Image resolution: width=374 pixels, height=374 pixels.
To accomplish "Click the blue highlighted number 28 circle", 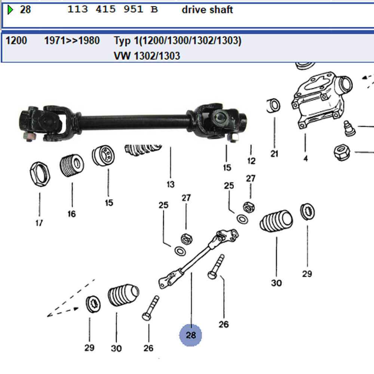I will [191, 335].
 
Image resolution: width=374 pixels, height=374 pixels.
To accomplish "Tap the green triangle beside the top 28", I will [10, 9].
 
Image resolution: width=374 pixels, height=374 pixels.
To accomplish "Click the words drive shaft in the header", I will [207, 10].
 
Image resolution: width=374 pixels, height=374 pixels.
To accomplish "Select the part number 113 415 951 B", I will [113, 10].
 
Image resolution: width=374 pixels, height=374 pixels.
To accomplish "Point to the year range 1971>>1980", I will [72, 40].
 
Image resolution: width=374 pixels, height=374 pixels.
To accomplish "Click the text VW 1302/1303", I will [147, 56].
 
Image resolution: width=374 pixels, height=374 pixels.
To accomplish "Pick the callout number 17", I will [39, 223].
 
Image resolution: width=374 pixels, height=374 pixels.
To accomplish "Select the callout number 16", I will [71, 214].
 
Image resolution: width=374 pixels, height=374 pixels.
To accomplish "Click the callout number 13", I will [171, 184].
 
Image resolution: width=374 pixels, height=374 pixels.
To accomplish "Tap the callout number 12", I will [251, 161].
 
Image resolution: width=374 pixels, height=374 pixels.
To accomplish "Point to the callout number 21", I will [275, 153].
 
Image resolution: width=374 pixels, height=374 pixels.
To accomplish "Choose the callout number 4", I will [306, 159].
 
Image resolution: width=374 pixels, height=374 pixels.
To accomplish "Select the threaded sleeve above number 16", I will [71, 165].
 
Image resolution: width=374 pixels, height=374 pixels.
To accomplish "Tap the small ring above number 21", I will [274, 106].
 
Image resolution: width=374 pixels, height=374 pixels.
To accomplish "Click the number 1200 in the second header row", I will [16, 40].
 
